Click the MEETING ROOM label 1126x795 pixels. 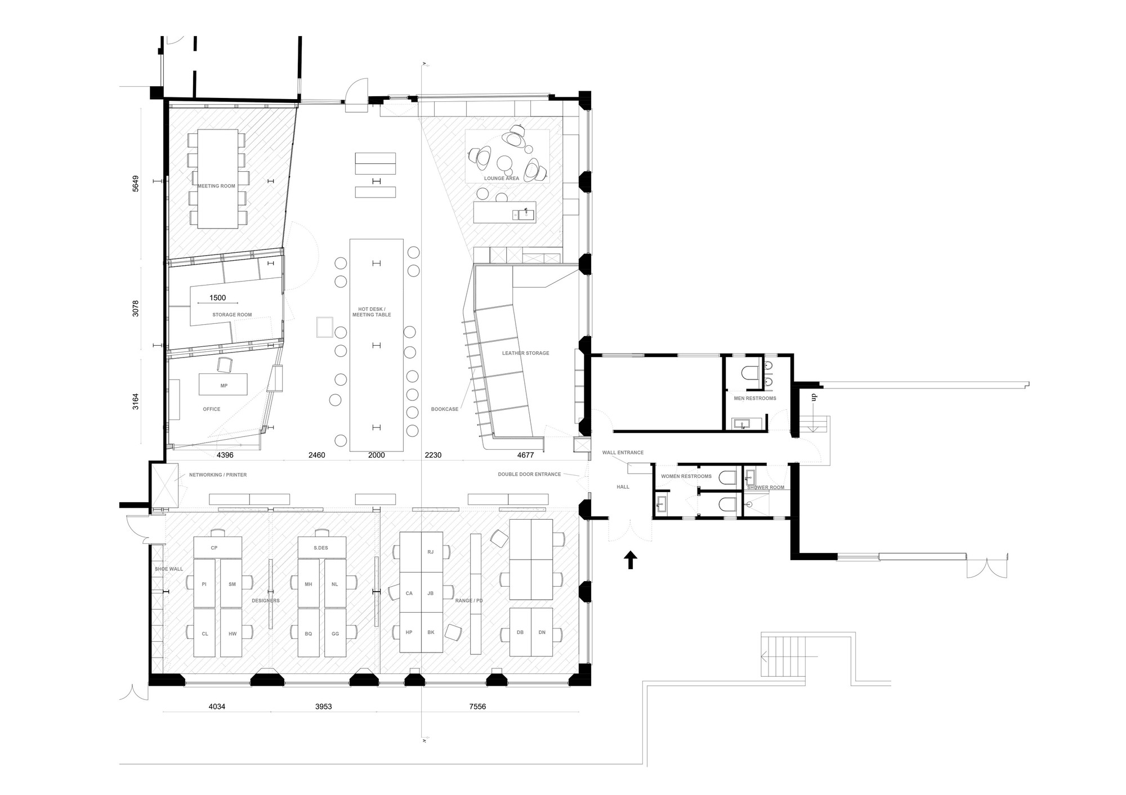(216, 186)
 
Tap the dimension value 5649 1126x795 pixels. (136, 184)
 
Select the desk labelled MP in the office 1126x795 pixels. (224, 386)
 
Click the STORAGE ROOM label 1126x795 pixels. (232, 315)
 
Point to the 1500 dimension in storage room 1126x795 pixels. (217, 298)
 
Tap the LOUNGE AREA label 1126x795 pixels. (501, 178)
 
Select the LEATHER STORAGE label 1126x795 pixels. (525, 353)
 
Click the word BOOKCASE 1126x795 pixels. (444, 409)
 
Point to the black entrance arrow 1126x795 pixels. (630, 560)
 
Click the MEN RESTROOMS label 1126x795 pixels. (754, 398)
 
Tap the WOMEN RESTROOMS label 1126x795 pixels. (686, 476)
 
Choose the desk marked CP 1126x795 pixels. (214, 547)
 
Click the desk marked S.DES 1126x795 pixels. (321, 547)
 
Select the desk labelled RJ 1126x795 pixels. (431, 552)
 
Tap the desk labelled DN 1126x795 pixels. (542, 632)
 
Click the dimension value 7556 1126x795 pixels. (477, 707)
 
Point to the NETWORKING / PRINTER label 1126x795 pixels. (217, 475)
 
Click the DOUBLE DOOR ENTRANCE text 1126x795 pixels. (529, 474)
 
